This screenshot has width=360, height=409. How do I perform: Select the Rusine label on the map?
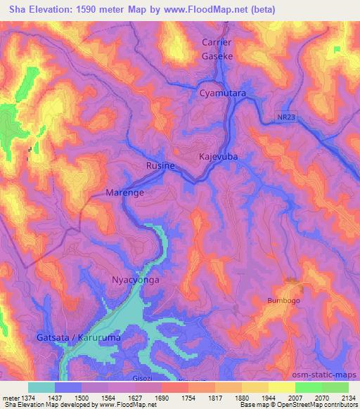(160, 166)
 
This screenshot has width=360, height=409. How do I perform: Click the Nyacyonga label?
(136, 280)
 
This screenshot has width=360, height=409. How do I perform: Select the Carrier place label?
(217, 43)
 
